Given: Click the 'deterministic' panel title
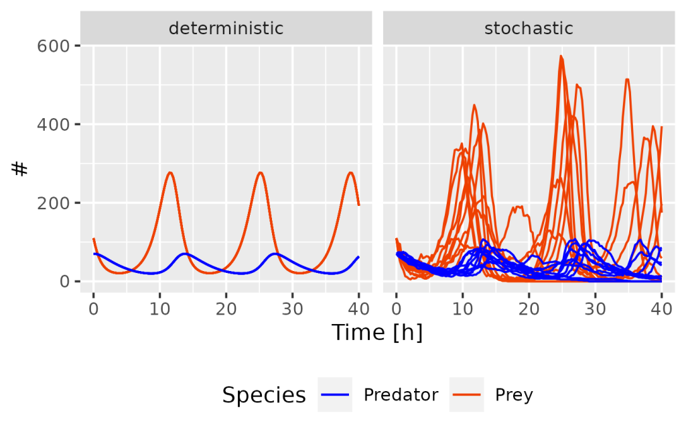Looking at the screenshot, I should click(226, 29).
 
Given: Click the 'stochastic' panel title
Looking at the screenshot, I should click(529, 29).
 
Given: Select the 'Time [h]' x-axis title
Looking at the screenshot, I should click(377, 332).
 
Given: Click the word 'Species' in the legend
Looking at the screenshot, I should click(264, 395).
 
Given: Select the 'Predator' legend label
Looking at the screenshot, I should click(401, 395).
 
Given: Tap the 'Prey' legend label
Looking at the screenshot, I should click(514, 395).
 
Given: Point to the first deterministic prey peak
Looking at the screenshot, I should click(170, 173).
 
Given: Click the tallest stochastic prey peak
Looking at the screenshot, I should click(561, 56).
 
